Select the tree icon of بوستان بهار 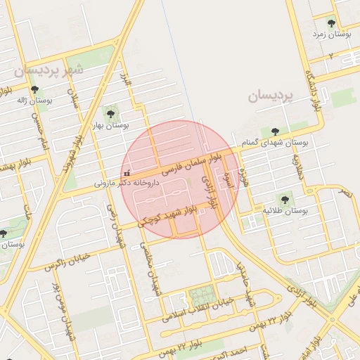click(x=110, y=112)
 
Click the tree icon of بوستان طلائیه click(x=284, y=200)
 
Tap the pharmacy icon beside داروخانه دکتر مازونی click(x=127, y=172)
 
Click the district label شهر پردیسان click(x=48, y=70)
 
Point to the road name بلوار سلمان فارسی click(x=191, y=162)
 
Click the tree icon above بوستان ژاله click(x=34, y=90)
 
